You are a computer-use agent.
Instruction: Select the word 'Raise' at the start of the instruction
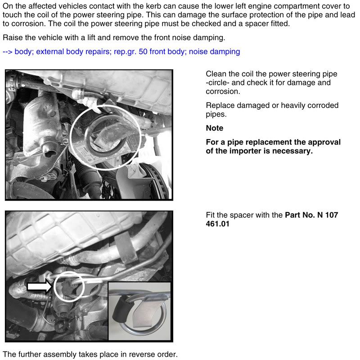[x=13, y=37]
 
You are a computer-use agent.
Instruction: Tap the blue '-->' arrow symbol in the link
[x=8, y=52]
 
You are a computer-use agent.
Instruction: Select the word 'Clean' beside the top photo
[x=216, y=74]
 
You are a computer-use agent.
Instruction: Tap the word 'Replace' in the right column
[x=220, y=105]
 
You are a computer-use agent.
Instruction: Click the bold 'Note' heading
[x=214, y=128]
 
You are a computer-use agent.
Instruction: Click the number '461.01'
[x=217, y=224]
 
